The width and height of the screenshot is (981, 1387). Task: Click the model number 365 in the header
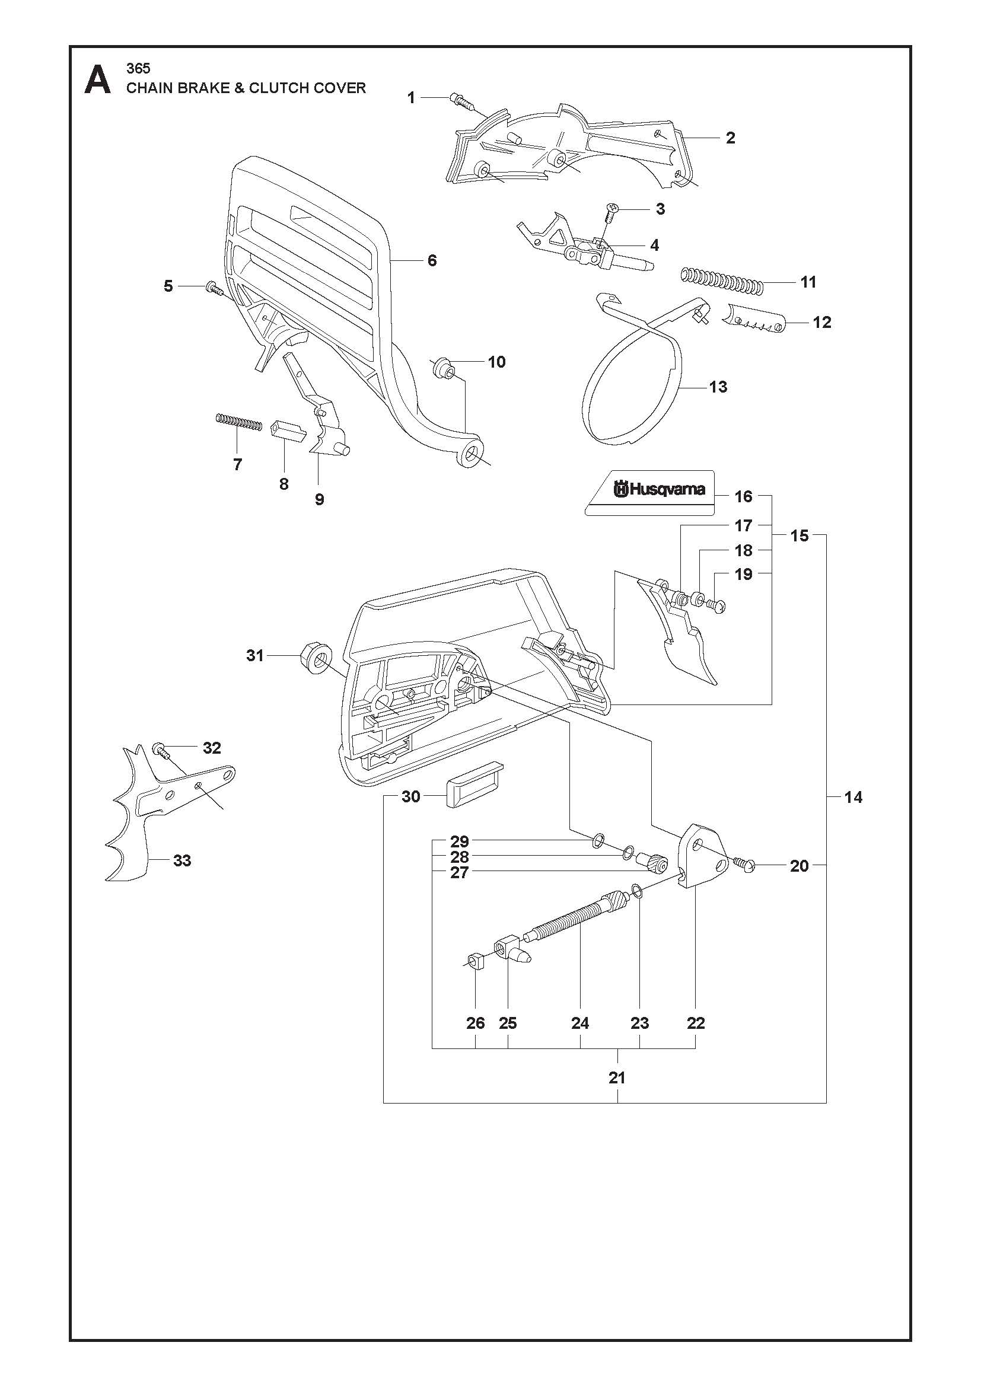[x=138, y=68]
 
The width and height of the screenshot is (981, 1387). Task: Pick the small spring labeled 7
[x=238, y=422]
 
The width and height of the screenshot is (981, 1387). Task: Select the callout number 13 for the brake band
[x=718, y=387]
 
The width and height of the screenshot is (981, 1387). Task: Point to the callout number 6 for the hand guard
[x=432, y=260]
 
